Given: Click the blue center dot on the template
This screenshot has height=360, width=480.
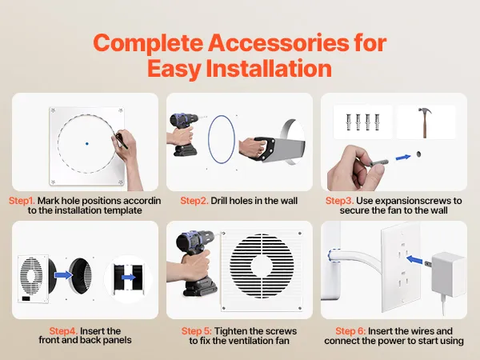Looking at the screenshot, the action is [x=87, y=143].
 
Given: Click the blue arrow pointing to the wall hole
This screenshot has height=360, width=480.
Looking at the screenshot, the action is [x=403, y=158].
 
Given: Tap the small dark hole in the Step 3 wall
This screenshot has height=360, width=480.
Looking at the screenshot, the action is [x=419, y=154].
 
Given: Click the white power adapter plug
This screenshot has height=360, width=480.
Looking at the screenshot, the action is [x=446, y=274].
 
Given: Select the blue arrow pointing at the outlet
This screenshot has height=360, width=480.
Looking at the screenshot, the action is [x=414, y=259].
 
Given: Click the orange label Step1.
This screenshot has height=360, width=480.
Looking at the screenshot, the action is [x=22, y=201].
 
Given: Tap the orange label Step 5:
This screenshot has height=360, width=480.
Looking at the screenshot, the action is [x=196, y=331].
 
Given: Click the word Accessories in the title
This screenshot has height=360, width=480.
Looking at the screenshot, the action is [x=278, y=43].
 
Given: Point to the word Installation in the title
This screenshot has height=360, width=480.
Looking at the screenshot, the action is [x=269, y=69].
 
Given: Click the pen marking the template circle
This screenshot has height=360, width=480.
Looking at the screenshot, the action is [x=122, y=141].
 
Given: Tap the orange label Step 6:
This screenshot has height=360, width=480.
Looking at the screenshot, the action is [x=350, y=331].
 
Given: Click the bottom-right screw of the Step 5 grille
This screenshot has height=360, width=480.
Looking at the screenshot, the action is [x=300, y=308].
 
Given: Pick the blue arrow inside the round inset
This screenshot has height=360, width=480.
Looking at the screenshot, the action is [x=129, y=278].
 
